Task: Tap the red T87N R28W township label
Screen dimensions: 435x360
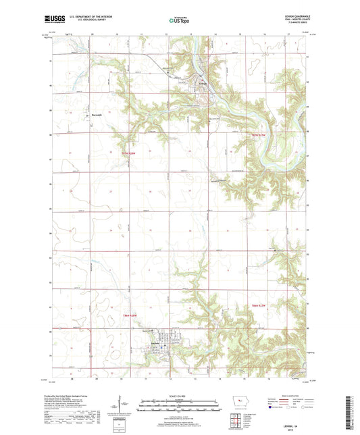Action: [x=129, y=155]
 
